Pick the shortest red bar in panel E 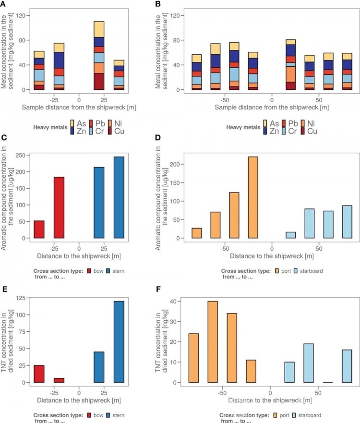coord(59,380)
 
